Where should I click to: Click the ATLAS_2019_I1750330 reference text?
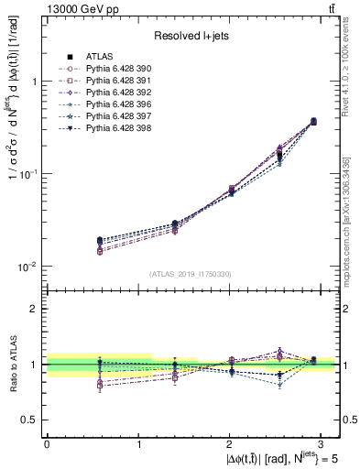[191, 274]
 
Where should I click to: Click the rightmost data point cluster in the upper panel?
[314, 121]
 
